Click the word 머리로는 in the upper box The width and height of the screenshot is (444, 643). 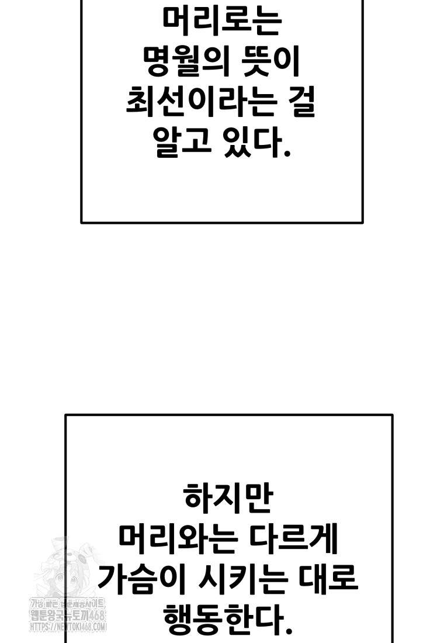221,23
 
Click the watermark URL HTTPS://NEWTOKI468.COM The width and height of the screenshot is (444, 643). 67,627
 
